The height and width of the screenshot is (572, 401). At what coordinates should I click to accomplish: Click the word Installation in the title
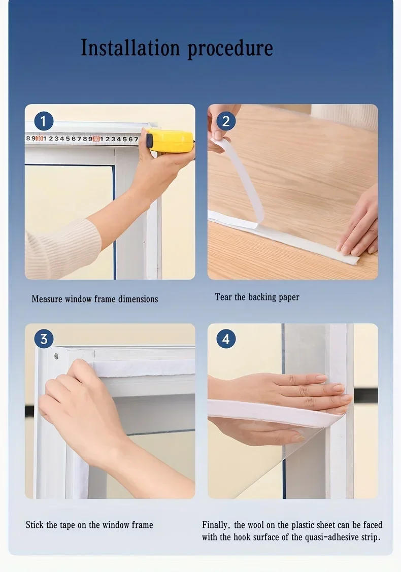pyautogui.click(x=130, y=48)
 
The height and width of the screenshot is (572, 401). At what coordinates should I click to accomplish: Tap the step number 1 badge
pyautogui.click(x=44, y=121)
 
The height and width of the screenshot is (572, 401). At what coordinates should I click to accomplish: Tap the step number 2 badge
pyautogui.click(x=226, y=121)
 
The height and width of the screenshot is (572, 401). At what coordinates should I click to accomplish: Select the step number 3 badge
pyautogui.click(x=44, y=339)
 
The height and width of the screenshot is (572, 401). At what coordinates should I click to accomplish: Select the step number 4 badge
pyautogui.click(x=226, y=339)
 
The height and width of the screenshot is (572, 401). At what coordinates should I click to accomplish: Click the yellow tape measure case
pyautogui.click(x=170, y=141)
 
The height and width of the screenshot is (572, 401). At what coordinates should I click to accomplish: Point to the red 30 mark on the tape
pyautogui.click(x=40, y=139)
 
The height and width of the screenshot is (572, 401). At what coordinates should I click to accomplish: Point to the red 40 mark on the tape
pyautogui.click(x=96, y=139)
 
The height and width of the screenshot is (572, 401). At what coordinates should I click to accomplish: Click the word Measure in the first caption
pyautogui.click(x=47, y=299)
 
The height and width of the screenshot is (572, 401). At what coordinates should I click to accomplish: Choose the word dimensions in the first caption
pyautogui.click(x=138, y=299)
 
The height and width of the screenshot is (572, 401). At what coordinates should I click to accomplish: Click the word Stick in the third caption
pyautogui.click(x=35, y=525)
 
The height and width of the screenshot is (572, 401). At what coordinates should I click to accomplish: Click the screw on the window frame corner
pyautogui.click(x=56, y=356)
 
